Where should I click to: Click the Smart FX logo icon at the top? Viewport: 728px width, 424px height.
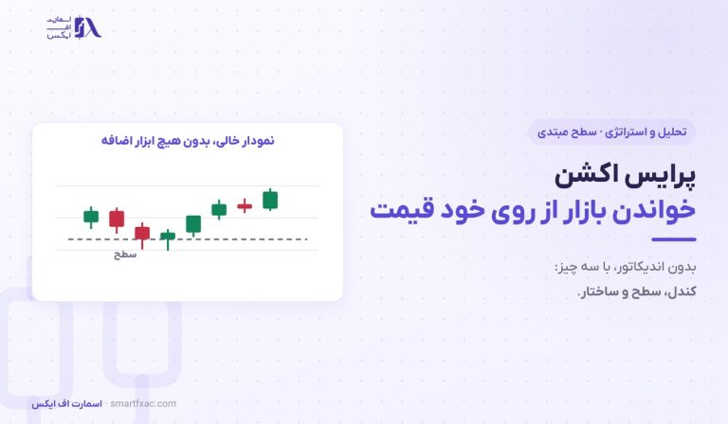pyautogui.click(x=88, y=27)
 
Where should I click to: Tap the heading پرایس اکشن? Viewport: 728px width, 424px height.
pyautogui.click(x=625, y=176)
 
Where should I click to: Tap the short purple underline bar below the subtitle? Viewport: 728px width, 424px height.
pyautogui.click(x=674, y=239)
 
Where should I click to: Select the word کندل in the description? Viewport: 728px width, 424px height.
pyautogui.click(x=682, y=291)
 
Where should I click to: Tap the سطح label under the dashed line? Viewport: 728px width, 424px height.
pyautogui.click(x=125, y=255)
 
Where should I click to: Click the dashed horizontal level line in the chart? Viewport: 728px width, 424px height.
pyautogui.click(x=188, y=239)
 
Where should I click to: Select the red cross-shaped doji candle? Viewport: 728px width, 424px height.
pyautogui.click(x=245, y=205)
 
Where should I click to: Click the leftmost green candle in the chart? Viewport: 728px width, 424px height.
pyautogui.click(x=91, y=217)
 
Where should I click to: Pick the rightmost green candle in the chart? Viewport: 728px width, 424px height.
pyautogui.click(x=270, y=201)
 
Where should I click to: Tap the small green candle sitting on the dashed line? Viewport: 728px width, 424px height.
pyautogui.click(x=168, y=237)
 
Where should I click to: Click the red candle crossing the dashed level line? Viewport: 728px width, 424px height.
pyautogui.click(x=142, y=233)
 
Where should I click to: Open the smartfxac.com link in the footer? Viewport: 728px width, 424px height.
pyautogui.click(x=143, y=403)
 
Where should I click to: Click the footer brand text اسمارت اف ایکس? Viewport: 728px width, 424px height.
pyautogui.click(x=67, y=404)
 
